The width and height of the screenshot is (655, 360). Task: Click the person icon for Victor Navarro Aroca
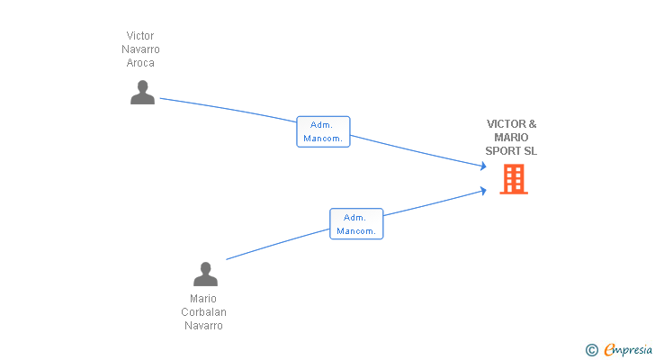(142, 93)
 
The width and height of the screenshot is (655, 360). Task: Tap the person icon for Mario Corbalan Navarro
(205, 274)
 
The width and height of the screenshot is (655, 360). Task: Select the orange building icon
(514, 179)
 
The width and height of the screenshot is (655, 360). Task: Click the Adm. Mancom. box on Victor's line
(323, 131)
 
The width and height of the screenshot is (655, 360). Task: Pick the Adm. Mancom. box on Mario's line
(356, 224)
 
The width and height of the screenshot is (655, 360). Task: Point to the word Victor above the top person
(140, 35)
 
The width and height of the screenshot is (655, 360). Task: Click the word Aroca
(140, 63)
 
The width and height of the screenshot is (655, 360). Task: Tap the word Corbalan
(204, 312)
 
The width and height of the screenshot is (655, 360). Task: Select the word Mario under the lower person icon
(203, 299)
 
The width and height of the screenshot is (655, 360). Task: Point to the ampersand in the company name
(533, 124)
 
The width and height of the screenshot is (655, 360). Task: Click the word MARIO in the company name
(511, 138)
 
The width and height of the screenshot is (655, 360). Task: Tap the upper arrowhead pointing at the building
(483, 166)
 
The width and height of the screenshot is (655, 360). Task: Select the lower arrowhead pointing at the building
(483, 191)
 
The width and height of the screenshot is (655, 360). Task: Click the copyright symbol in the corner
(591, 350)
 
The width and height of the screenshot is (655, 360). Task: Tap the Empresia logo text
(628, 350)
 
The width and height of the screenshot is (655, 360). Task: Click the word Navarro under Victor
(140, 49)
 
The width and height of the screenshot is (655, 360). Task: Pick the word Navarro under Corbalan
(204, 325)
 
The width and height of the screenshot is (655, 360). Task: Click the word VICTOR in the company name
(506, 124)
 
